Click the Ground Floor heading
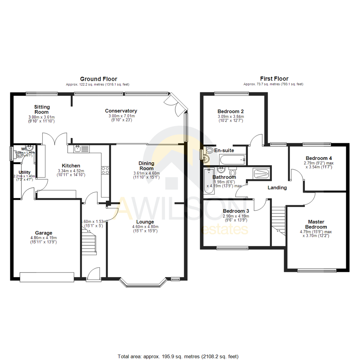(x=98, y=79)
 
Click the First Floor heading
(x=274, y=79)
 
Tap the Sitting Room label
(x=42, y=109)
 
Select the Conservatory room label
(x=121, y=111)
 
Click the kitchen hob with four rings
(x=105, y=170)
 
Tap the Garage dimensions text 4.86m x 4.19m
(x=44, y=238)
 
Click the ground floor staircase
(x=89, y=240)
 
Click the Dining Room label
(x=147, y=166)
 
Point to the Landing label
(x=277, y=188)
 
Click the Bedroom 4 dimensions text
(x=318, y=165)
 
